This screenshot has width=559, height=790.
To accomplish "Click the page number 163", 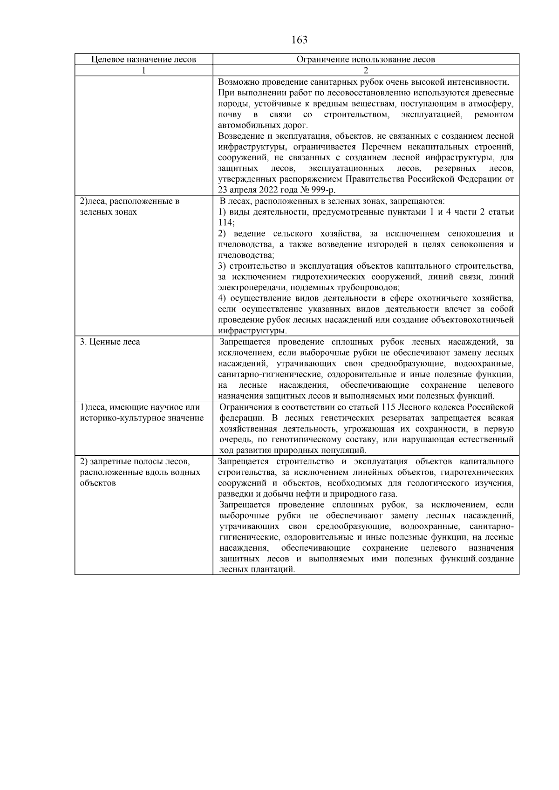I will tap(299, 40).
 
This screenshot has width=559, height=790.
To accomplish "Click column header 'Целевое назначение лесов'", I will tap(143, 60).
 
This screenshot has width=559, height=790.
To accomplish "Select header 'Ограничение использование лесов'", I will tap(366, 60).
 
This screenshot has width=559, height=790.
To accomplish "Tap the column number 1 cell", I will tap(143, 70).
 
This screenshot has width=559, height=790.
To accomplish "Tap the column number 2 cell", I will tap(366, 70).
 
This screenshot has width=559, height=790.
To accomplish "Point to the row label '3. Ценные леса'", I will tap(110, 342).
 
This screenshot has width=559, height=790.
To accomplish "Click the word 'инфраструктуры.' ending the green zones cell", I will tap(252, 331).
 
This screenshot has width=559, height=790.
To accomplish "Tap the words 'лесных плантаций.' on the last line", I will tap(257, 570).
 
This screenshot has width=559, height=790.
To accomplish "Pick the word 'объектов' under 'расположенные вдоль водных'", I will tap(97, 483).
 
